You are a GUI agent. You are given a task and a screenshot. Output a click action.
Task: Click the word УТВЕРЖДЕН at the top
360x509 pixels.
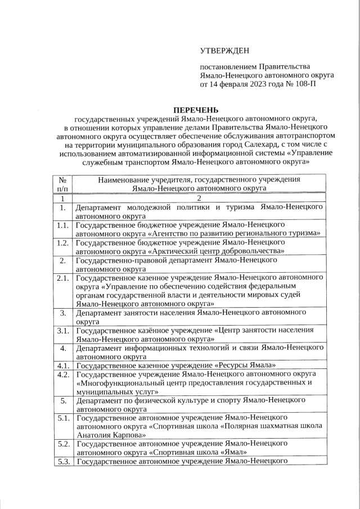(224, 51)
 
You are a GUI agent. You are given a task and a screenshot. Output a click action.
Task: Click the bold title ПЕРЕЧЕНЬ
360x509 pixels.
(195, 109)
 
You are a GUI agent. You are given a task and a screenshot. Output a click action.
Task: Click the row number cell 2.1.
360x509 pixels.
(63, 278)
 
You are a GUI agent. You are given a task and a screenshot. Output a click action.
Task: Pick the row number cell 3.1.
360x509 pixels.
(63, 331)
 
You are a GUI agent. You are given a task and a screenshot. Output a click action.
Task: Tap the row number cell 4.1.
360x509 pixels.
(63, 366)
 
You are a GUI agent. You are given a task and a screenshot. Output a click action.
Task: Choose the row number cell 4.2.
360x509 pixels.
(63, 374)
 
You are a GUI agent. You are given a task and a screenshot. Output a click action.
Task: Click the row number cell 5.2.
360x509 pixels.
(63, 444)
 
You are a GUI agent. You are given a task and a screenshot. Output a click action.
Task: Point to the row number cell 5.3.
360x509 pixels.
(63, 462)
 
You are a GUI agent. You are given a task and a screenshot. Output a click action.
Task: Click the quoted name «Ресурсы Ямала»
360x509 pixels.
(247, 366)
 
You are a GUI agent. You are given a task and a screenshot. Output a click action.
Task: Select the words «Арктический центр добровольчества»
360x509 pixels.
(217, 251)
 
